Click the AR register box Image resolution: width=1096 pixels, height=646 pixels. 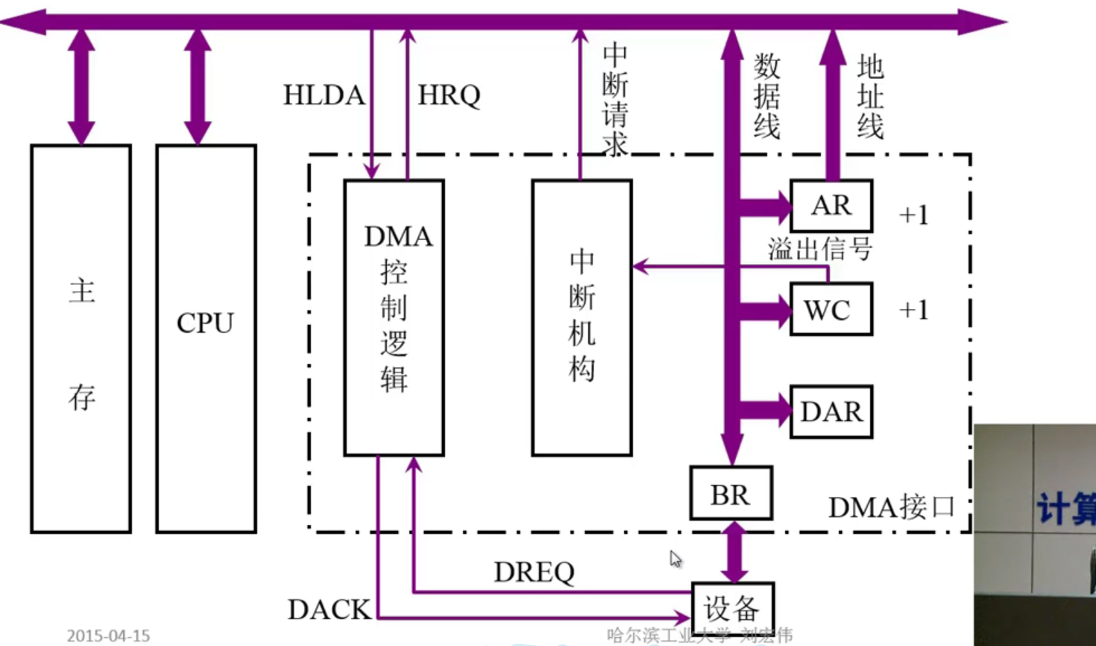click(x=831, y=205)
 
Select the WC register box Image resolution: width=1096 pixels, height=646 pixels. click(x=831, y=309)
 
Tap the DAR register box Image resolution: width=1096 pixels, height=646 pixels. click(x=831, y=411)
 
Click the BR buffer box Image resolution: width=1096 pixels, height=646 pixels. click(x=730, y=494)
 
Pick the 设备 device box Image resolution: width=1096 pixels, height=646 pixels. click(x=732, y=608)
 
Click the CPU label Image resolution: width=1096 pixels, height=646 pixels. click(x=205, y=323)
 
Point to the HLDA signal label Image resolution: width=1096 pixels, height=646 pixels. click(x=324, y=95)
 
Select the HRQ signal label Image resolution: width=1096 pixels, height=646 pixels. click(x=449, y=95)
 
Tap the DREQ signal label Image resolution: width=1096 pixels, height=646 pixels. click(x=534, y=572)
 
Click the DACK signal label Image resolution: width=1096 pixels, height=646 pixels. click(x=329, y=609)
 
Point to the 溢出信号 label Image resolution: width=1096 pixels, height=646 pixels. click(x=819, y=248)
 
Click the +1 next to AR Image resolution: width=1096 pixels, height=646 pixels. click(x=913, y=215)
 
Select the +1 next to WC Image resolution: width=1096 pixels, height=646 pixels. click(x=913, y=310)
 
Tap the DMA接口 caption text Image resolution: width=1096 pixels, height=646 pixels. click(x=891, y=507)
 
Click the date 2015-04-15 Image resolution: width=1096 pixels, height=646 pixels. click(x=108, y=636)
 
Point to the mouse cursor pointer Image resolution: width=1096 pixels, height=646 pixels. click(x=675, y=558)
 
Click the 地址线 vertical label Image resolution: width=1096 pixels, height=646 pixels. click(x=870, y=97)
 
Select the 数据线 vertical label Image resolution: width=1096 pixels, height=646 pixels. click(x=766, y=97)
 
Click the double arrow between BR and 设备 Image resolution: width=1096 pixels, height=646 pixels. click(x=734, y=551)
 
